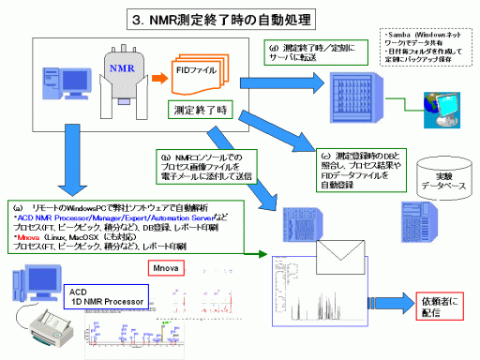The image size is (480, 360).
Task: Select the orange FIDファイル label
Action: tap(201, 71)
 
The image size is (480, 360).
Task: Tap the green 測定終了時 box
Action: tap(201, 110)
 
